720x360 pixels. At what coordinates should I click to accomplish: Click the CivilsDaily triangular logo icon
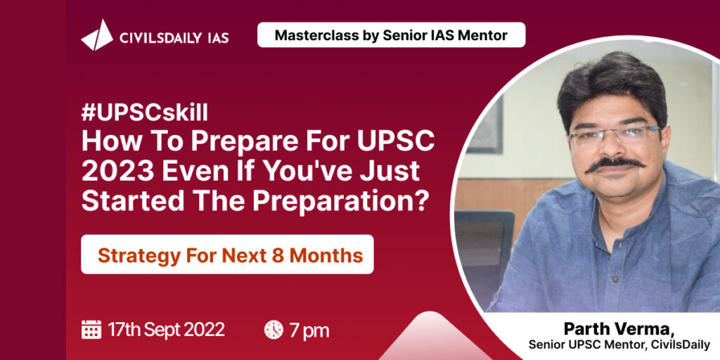(97, 35)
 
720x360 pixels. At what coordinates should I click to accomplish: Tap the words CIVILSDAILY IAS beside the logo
(174, 38)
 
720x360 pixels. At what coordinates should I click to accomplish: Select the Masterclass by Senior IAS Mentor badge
(391, 35)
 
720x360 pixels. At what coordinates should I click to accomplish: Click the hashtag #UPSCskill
(145, 113)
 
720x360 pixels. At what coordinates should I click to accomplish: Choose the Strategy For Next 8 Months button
(227, 255)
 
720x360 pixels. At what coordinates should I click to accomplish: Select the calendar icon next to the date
(91, 329)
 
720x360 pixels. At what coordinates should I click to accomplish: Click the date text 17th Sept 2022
(166, 330)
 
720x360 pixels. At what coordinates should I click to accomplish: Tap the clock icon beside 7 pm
(274, 330)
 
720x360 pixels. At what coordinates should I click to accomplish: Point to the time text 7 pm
(309, 330)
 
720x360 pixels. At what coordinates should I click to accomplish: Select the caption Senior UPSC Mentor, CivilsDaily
(619, 345)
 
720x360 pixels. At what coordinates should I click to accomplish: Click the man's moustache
(614, 164)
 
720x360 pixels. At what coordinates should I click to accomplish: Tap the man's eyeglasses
(614, 136)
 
